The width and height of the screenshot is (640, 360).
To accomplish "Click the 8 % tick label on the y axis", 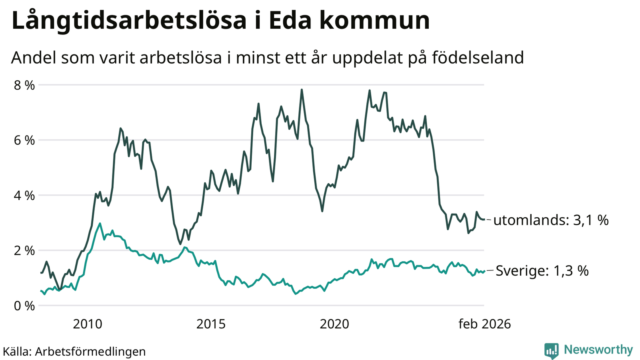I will (x=25, y=85).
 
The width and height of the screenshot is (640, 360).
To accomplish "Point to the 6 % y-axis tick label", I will (x=25, y=140).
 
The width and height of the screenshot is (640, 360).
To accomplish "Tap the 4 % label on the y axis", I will (x=25, y=196).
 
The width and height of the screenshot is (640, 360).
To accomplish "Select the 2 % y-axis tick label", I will (x=25, y=251).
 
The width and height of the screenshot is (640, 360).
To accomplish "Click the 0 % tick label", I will (x=25, y=306).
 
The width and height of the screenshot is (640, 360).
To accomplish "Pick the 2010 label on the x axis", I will (x=88, y=324).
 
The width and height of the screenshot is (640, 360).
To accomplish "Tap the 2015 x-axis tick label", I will (x=211, y=324).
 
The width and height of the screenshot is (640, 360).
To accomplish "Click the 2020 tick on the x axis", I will (x=334, y=324).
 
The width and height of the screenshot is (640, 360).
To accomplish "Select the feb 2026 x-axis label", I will (x=484, y=324).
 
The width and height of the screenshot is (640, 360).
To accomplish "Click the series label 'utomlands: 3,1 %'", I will (x=551, y=220).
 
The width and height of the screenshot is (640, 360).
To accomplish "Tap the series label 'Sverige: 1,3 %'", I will (x=542, y=271).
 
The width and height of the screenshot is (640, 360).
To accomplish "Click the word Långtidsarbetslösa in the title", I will (x=129, y=21).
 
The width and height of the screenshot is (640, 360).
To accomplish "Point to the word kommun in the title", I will (x=374, y=21).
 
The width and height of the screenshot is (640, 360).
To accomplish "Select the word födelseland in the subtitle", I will (x=478, y=58).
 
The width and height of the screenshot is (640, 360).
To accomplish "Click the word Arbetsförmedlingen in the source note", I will (x=90, y=352).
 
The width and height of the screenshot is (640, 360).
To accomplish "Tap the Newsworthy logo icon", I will (x=551, y=350).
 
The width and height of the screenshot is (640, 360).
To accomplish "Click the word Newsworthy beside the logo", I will (x=598, y=350).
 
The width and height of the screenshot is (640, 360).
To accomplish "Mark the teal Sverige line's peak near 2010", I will (x=100, y=223).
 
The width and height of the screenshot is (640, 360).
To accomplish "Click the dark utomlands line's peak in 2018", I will (x=302, y=90).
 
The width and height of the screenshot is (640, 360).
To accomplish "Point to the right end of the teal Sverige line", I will (x=484, y=271).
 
